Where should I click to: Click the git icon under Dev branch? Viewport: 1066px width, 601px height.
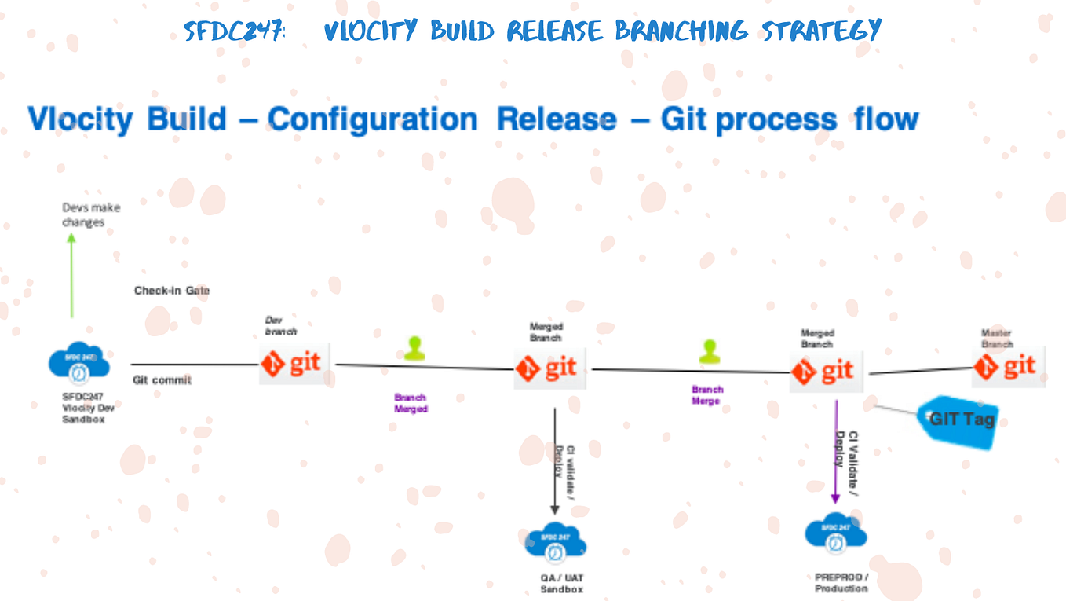[x=294, y=364]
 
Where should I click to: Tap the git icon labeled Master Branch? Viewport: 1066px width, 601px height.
[x=1008, y=366]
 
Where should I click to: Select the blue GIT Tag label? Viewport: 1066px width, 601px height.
[x=958, y=420]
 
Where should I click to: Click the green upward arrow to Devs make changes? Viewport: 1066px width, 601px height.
[x=71, y=275]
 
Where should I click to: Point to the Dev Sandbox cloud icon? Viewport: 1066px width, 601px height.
[x=78, y=361]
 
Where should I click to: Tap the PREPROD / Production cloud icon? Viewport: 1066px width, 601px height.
[x=836, y=533]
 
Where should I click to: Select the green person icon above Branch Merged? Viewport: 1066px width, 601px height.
[x=414, y=349]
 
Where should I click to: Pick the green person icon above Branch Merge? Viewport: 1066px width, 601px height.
[x=710, y=351]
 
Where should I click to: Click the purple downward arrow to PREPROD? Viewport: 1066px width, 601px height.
[x=836, y=452]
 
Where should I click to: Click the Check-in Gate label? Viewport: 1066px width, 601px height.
[x=171, y=291]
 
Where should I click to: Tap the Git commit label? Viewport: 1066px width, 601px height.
[x=162, y=380]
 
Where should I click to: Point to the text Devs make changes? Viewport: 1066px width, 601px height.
[x=91, y=215]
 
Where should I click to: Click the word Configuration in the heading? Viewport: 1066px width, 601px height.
[x=372, y=119]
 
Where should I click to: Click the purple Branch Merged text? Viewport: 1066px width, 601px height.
[x=411, y=403]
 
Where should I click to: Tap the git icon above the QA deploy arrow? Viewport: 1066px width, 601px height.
[x=549, y=368]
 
